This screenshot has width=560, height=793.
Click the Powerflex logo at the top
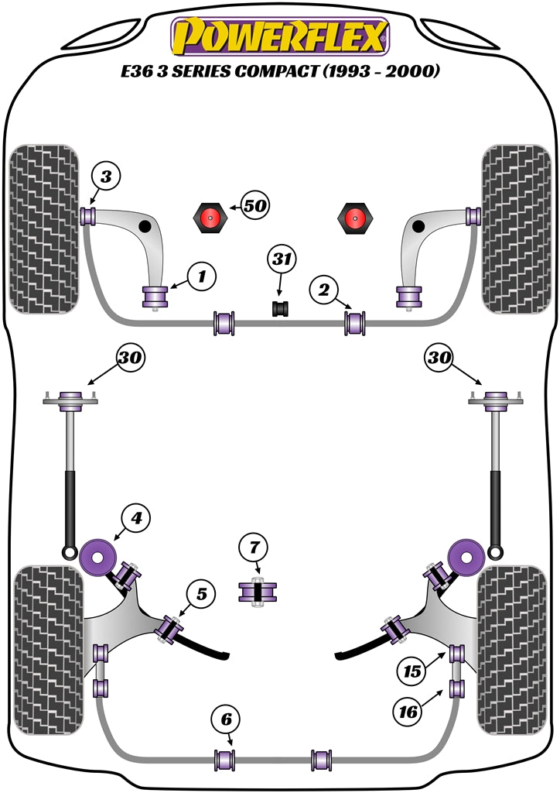(x=280, y=36)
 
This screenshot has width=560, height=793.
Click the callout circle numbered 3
(x=107, y=177)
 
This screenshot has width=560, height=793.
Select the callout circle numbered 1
(x=200, y=274)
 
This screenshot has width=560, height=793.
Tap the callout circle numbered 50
(x=254, y=206)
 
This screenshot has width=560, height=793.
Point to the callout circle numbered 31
(x=283, y=259)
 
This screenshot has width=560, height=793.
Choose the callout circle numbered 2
(x=324, y=290)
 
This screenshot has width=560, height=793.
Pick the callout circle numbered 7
(x=255, y=548)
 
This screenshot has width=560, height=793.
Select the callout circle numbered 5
(x=200, y=594)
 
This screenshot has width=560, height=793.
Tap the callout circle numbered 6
(x=226, y=720)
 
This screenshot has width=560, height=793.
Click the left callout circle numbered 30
(x=131, y=357)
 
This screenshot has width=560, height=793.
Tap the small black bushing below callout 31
(x=280, y=309)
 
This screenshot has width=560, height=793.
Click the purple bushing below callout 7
(x=257, y=592)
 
